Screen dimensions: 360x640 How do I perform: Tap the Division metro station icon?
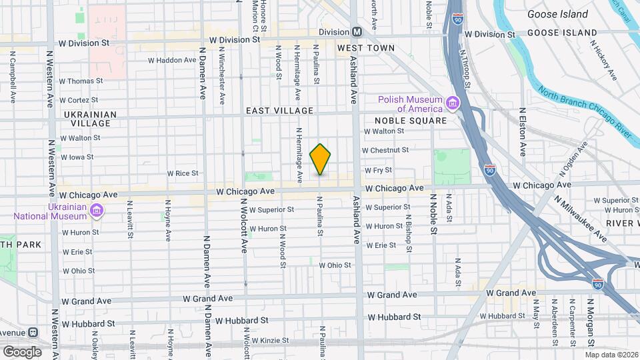357,32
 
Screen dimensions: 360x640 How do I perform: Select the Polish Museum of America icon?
453,103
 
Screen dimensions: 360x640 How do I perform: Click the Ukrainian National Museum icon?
97,211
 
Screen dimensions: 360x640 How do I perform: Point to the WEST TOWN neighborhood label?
365,48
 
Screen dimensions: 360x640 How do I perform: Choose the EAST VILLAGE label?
279,110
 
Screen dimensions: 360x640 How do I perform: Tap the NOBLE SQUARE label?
410,121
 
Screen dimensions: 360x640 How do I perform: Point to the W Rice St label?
183,173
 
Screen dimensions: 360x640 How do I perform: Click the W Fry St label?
377,171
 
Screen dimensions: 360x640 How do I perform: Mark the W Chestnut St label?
385,150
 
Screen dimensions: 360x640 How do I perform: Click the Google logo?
22,351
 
